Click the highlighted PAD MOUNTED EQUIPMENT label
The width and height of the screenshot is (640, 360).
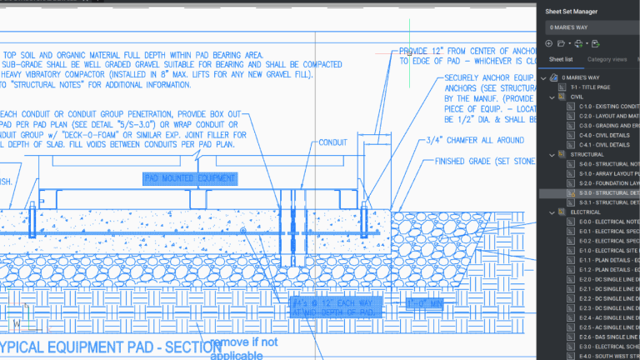[190, 178]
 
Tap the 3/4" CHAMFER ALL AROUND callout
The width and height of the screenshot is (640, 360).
[476, 140]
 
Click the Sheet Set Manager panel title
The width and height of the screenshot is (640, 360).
[571, 12]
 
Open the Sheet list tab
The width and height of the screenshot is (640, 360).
[560, 60]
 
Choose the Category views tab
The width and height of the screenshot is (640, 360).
[607, 60]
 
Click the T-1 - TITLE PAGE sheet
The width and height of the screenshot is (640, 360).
[590, 87]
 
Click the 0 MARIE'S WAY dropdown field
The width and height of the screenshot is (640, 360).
[583, 27]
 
